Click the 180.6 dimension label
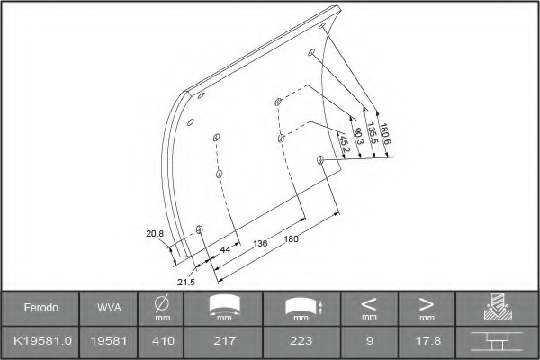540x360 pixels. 385,134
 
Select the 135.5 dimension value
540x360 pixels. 372,133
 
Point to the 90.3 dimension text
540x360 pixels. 358,136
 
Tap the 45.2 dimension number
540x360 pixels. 344,144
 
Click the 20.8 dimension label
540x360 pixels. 155,234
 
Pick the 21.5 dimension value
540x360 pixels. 186,282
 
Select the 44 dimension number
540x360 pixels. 225,249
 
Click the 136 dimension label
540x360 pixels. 260,244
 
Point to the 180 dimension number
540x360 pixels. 291,239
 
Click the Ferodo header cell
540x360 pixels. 41,307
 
